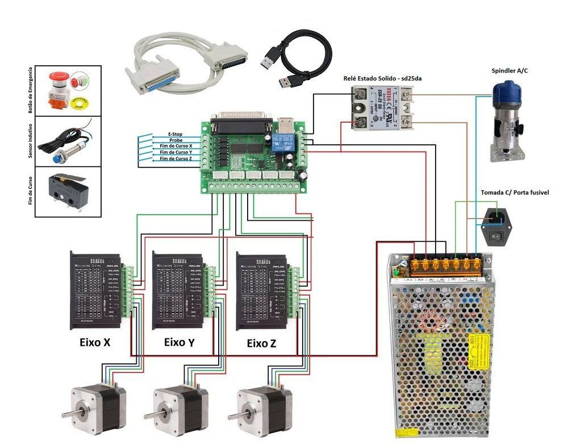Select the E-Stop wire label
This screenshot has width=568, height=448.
tap(179, 134)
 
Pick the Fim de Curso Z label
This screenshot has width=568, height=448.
tap(176, 159)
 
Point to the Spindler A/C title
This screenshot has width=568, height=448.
tap(512, 71)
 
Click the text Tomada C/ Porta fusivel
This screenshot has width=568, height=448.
tap(515, 193)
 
